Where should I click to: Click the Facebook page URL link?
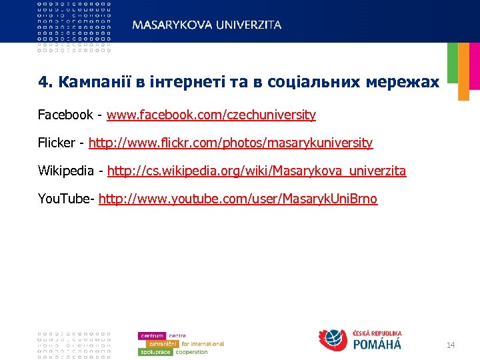[x=211, y=115]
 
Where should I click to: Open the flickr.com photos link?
[x=231, y=143]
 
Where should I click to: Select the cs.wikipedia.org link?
[x=256, y=171]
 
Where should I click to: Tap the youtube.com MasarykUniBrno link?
[x=237, y=200]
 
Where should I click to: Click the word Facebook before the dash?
[x=65, y=115]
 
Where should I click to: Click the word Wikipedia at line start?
[x=66, y=171]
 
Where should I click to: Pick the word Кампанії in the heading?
[x=89, y=83]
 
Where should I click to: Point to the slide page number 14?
[x=450, y=345]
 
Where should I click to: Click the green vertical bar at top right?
[x=452, y=63]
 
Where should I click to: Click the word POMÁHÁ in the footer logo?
[x=377, y=344]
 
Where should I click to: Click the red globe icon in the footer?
[x=333, y=340]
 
